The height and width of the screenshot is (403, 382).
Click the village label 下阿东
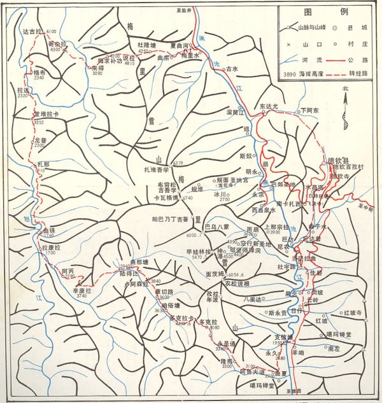309,110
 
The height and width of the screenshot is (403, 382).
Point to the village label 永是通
225,343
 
